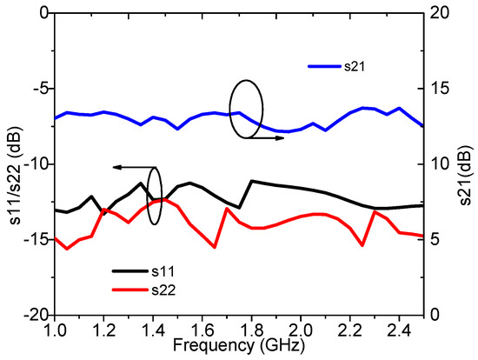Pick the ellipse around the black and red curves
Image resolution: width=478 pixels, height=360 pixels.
pyautogui.click(x=155, y=196)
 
